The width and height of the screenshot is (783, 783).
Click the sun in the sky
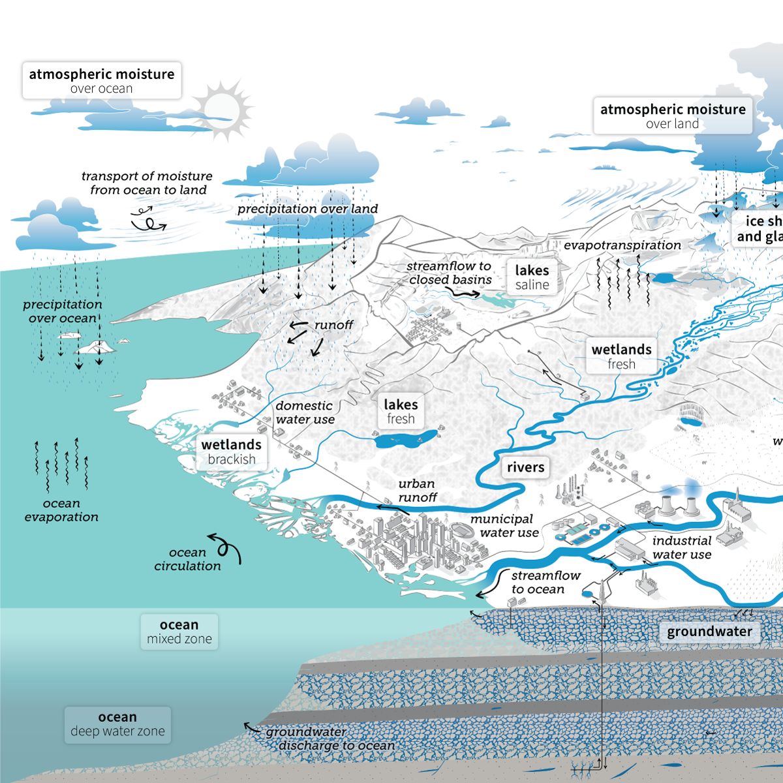(222, 108)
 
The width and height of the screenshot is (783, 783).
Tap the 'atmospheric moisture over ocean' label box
(102, 81)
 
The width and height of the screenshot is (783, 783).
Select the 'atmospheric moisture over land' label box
(672, 116)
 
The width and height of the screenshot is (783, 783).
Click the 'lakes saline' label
(532, 277)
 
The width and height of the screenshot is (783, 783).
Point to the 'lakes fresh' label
(401, 411)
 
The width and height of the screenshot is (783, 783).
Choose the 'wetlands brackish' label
(232, 452)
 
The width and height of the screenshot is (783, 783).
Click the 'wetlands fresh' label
(621, 356)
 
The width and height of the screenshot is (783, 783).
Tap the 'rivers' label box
(525, 467)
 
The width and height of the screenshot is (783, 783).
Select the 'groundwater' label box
(709, 632)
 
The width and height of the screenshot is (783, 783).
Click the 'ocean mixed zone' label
(179, 632)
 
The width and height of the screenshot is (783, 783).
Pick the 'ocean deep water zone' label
(117, 724)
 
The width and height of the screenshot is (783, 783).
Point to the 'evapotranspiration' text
(622, 245)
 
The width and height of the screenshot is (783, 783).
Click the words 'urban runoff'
(418, 491)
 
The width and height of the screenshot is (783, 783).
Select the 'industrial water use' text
(682, 547)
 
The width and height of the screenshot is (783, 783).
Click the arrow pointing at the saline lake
(466, 294)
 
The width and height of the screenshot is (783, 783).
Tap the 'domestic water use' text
(305, 412)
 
